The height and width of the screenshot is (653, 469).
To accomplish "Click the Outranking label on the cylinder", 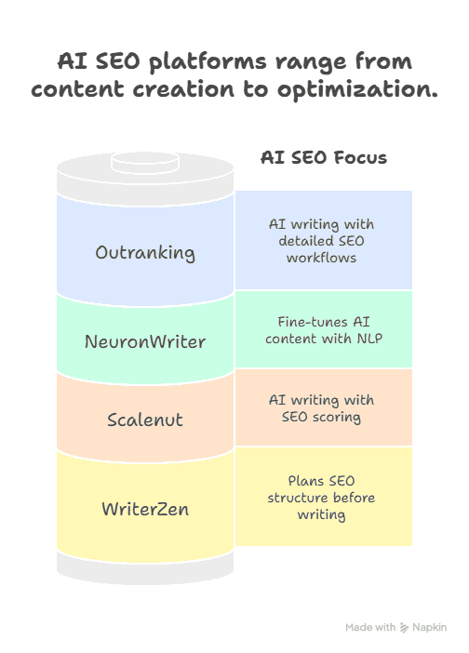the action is (145, 253).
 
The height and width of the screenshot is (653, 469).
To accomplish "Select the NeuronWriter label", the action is (145, 342).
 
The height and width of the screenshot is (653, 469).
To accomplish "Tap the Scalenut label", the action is (145, 420).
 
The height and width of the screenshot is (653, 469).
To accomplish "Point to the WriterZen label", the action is (145, 509).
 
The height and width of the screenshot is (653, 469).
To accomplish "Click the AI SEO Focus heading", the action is (324, 158).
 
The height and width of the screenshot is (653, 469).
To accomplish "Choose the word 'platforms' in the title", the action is (208, 62).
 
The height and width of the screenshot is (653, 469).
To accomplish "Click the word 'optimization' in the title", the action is (357, 89).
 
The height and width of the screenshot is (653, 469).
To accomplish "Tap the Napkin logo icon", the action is (404, 628).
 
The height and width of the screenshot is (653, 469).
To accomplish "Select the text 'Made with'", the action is (370, 627).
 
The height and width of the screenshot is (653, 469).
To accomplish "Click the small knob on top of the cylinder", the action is (145, 163).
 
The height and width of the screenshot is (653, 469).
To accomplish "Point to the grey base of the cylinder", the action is (145, 569).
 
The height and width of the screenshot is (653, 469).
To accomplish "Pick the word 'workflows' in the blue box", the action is (321, 258).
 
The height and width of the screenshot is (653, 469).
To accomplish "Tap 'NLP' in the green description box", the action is (369, 339).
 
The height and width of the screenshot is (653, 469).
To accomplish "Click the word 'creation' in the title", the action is (183, 89).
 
